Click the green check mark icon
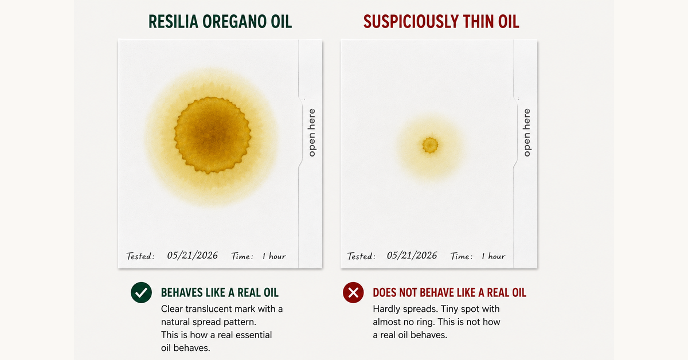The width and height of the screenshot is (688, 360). click(x=141, y=292)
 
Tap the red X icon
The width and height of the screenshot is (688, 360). click(x=353, y=292)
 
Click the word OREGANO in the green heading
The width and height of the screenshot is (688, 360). click(x=234, y=22)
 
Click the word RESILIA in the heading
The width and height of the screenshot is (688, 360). click(x=173, y=22)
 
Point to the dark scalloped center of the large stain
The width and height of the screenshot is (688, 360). click(x=213, y=135)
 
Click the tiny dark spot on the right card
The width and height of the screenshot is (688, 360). click(x=430, y=145)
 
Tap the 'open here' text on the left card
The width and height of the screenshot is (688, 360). click(x=311, y=132)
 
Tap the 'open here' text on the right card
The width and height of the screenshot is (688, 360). click(x=527, y=132)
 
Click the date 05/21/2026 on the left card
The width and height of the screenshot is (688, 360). click(x=192, y=255)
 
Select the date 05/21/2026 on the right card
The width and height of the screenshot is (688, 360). click(x=412, y=255)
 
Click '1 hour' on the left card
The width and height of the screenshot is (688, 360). click(x=274, y=256)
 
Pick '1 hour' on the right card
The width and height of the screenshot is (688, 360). click(x=493, y=256)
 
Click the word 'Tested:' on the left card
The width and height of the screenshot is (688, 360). click(x=140, y=256)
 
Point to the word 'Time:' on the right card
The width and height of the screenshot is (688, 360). click(x=462, y=256)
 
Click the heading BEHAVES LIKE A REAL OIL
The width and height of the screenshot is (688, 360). click(x=220, y=292)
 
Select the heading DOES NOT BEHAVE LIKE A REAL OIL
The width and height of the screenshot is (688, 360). click(x=449, y=292)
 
